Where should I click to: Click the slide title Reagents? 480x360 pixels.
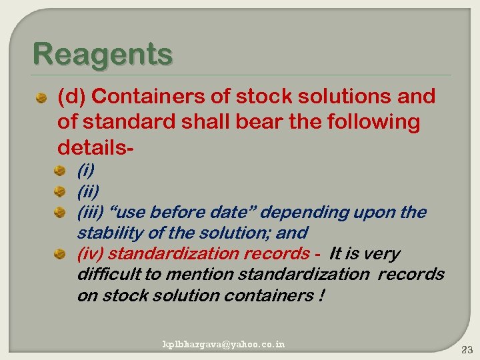(x=102, y=54)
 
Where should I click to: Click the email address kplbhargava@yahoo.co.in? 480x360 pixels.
(x=224, y=344)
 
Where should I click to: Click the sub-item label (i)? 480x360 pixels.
(x=85, y=171)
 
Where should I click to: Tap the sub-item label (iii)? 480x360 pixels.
(x=91, y=212)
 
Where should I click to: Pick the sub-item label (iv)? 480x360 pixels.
(x=91, y=253)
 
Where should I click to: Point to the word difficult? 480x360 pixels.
(x=107, y=274)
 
